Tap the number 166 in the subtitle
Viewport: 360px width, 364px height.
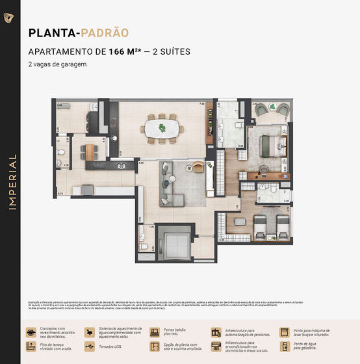(117, 51)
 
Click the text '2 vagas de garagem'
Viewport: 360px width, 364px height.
(57, 64)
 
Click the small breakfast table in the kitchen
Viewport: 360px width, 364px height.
(89, 151)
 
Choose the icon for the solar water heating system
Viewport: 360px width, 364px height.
(90, 332)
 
